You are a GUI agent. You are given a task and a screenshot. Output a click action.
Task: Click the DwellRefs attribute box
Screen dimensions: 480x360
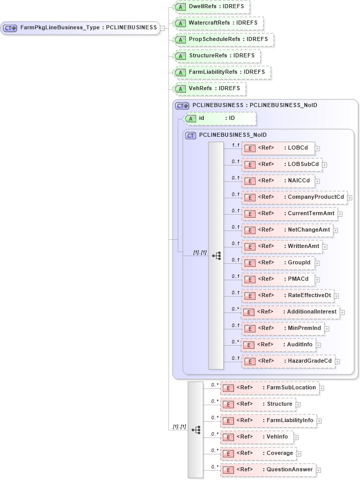[x=211, y=7]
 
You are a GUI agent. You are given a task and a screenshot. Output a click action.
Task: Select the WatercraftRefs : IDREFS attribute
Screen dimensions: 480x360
[x=218, y=24]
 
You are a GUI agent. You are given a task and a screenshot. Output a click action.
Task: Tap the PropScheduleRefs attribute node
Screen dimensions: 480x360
[x=223, y=40]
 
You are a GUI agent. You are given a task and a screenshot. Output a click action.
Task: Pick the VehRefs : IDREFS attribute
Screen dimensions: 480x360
[x=209, y=89]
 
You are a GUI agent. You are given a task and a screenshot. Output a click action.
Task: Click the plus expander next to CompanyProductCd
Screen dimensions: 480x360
[x=350, y=197]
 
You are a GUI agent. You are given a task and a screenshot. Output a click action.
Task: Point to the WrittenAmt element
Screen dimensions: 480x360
[x=283, y=246]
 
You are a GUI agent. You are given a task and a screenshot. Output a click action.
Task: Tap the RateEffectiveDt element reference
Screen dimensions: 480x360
[x=288, y=296]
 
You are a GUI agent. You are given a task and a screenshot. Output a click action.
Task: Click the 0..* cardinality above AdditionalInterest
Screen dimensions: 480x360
[x=235, y=309]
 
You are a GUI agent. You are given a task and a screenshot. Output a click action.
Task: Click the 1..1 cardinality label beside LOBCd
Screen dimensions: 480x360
[x=236, y=145]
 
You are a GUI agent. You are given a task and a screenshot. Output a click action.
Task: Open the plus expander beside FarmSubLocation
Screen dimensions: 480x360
[x=322, y=388]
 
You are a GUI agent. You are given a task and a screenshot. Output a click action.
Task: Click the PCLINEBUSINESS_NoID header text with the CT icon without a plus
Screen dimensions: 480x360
[x=232, y=135]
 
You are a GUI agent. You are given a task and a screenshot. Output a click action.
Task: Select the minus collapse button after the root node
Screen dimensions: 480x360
[x=162, y=28]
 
